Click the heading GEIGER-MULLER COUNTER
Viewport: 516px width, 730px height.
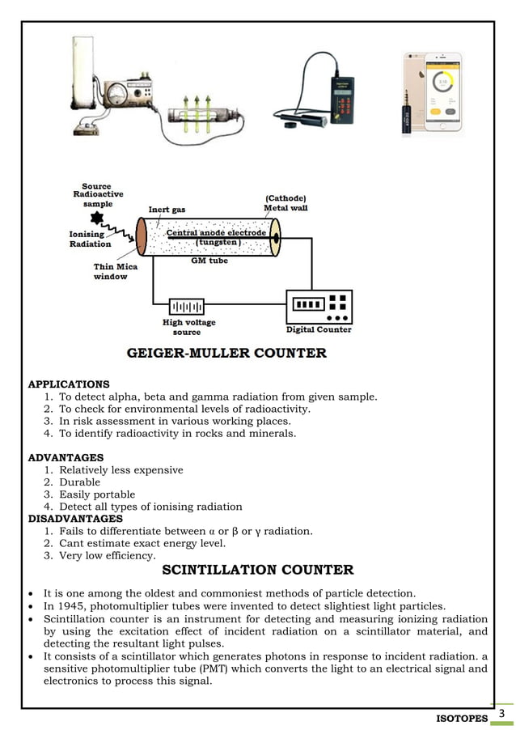point(226,353)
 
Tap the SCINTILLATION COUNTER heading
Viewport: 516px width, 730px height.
point(258,570)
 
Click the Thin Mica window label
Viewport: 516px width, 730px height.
point(115,271)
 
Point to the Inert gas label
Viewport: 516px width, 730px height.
point(167,210)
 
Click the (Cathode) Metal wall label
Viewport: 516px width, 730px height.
point(285,203)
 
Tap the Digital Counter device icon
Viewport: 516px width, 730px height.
point(319,306)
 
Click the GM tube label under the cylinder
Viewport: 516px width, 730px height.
point(209,261)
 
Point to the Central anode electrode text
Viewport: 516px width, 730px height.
point(216,233)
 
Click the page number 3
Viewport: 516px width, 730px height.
point(501,714)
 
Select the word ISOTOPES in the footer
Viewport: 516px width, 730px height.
point(462,719)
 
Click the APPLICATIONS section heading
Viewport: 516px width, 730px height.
point(69,384)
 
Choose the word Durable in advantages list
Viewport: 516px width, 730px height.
point(80,482)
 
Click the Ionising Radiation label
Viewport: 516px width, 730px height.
point(90,240)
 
